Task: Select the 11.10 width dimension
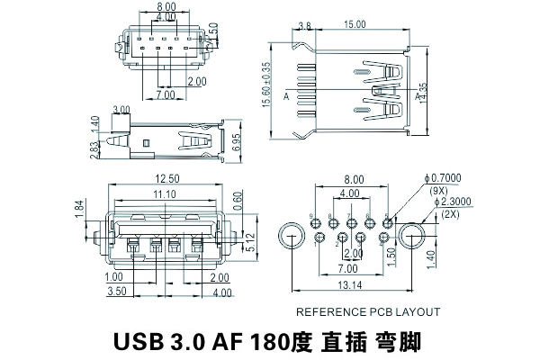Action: coord(164,193)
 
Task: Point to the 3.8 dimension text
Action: coord(304,25)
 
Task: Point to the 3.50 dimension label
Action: coord(115,292)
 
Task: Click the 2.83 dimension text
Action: coord(94,148)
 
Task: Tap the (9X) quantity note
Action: coord(440,191)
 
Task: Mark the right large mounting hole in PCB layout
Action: coord(413,238)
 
